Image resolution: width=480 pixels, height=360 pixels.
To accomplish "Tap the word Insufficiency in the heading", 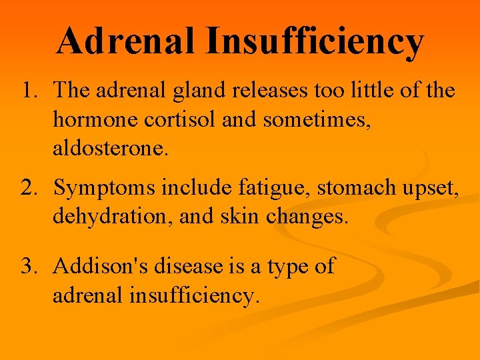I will [x=315, y=42].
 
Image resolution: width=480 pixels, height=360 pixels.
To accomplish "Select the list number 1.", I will [x=30, y=90].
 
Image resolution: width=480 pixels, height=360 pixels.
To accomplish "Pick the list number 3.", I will [x=30, y=267].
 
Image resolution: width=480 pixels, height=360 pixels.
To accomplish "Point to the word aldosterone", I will [x=111, y=149].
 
